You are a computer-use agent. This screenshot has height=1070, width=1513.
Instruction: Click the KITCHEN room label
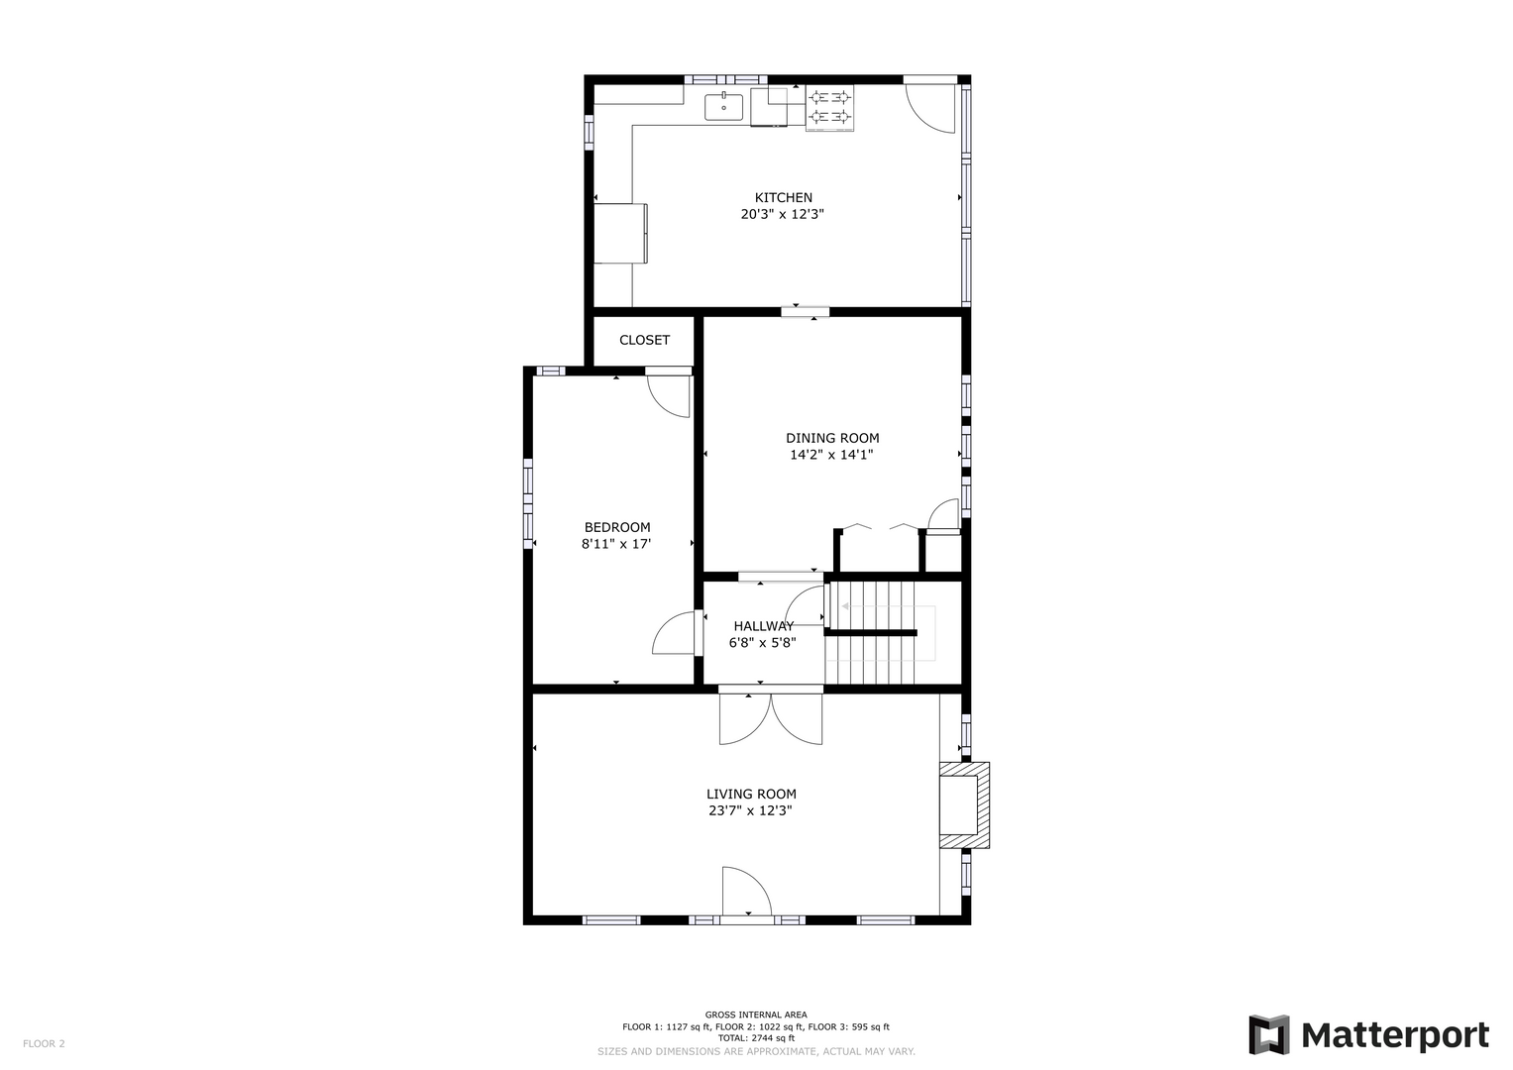pyautogui.click(x=783, y=198)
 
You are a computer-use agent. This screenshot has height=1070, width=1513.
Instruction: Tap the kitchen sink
pyautogui.click(x=723, y=107)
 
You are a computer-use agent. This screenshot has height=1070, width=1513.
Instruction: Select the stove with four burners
pyautogui.click(x=829, y=107)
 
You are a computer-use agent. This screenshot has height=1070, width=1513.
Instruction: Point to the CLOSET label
pyautogui.click(x=644, y=340)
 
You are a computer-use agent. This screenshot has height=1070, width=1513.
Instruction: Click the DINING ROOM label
pyautogui.click(x=832, y=438)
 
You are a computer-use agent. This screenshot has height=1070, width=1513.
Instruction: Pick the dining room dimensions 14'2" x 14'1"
pyautogui.click(x=831, y=455)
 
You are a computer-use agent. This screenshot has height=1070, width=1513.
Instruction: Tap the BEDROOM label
pyautogui.click(x=617, y=527)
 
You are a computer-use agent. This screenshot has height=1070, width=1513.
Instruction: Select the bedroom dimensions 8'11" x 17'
pyautogui.click(x=616, y=544)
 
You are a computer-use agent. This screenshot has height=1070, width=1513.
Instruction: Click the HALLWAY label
pyautogui.click(x=764, y=626)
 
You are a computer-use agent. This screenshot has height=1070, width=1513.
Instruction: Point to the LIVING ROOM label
pyautogui.click(x=751, y=795)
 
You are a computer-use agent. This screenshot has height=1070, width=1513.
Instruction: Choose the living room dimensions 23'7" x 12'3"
pyautogui.click(x=750, y=810)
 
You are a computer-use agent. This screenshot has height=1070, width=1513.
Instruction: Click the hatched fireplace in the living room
pyautogui.click(x=964, y=805)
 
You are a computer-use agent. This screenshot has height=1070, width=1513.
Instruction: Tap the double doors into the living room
pyautogui.click(x=771, y=718)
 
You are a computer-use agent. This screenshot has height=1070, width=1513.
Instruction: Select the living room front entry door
pyautogui.click(x=747, y=891)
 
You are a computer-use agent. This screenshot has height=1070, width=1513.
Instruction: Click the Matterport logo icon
pyautogui.click(x=1268, y=1034)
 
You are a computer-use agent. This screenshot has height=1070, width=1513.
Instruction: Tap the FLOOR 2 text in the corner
pyautogui.click(x=44, y=1043)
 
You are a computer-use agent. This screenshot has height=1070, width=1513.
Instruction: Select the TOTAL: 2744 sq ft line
pyautogui.click(x=756, y=1038)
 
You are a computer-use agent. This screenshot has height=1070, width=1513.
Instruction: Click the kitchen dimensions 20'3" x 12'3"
pyautogui.click(x=782, y=215)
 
